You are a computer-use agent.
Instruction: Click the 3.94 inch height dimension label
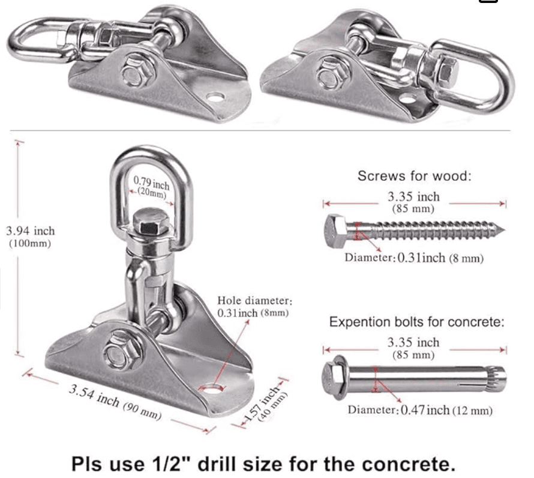pyautogui.click(x=30, y=236)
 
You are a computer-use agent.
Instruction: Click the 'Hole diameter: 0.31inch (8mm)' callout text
pyautogui.click(x=254, y=306)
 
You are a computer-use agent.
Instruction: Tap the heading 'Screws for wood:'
pyautogui.click(x=414, y=177)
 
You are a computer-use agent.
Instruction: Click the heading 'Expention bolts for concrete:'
pyautogui.click(x=416, y=322)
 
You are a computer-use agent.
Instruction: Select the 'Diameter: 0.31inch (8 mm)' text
pyautogui.click(x=414, y=258)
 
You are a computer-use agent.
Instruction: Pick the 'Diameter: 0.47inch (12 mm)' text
pyautogui.click(x=420, y=411)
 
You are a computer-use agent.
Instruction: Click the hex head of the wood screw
pyautogui.click(x=336, y=231)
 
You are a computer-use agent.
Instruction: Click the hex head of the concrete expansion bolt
pyautogui.click(x=333, y=377)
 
